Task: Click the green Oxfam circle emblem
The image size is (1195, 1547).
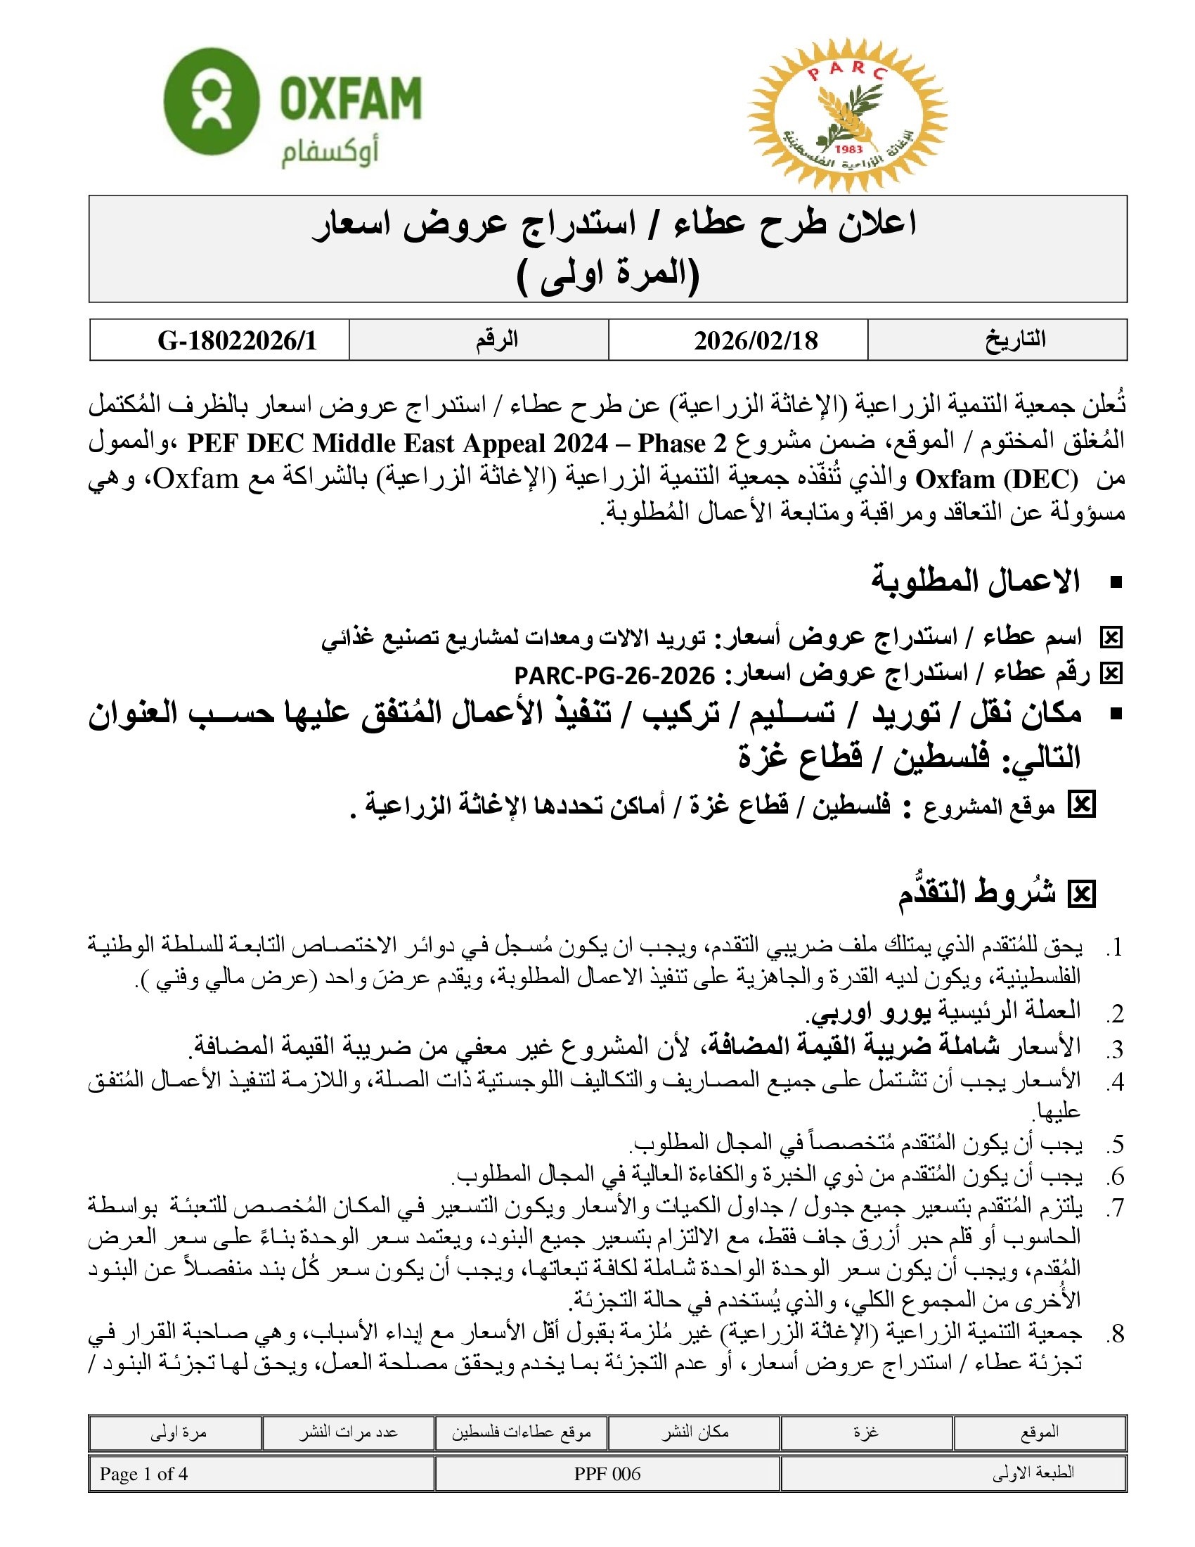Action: [210, 101]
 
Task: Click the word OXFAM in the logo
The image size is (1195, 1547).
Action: [351, 98]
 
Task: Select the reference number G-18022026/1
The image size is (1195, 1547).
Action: [237, 341]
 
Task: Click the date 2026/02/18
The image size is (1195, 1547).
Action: [756, 341]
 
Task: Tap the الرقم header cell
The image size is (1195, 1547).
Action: [496, 340]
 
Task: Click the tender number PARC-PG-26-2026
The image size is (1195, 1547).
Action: [614, 676]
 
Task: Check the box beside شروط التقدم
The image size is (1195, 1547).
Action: [1080, 894]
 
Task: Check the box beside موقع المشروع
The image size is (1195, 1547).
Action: [1080, 805]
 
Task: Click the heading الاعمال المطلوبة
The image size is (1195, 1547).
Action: [975, 582]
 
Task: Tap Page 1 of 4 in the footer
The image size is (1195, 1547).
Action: [143, 1474]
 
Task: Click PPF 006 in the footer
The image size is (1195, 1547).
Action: [607, 1474]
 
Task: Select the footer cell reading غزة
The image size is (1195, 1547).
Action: [866, 1432]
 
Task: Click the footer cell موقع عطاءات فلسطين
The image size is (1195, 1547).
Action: [521, 1432]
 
